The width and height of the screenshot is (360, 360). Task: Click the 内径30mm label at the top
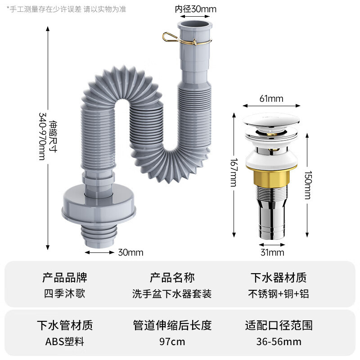pyautogui.click(x=196, y=9)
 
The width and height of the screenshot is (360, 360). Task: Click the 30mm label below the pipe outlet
pyautogui.click(x=130, y=252)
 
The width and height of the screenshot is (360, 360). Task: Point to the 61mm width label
pyautogui.click(x=271, y=98)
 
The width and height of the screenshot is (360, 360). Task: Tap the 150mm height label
pyautogui.click(x=307, y=184)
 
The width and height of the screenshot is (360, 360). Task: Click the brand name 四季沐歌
pyautogui.click(x=64, y=294)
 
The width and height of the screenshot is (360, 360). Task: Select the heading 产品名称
pyautogui.click(x=172, y=277)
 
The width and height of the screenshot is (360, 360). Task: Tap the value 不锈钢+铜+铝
pyautogui.click(x=279, y=294)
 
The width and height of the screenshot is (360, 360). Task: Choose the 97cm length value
pyautogui.click(x=172, y=342)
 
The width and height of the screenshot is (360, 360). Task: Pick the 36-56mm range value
pyautogui.click(x=279, y=342)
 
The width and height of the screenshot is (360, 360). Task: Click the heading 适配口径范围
pyautogui.click(x=279, y=324)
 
